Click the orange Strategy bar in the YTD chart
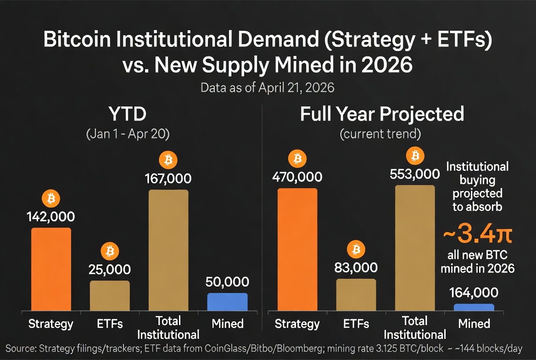(51, 269)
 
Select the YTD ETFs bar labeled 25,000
(110, 295)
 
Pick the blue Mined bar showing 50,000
(227, 302)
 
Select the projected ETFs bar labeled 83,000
(356, 294)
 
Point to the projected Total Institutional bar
(415, 248)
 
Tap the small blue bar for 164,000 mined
(474, 307)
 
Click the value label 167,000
(168, 178)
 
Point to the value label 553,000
(415, 174)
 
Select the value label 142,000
(51, 217)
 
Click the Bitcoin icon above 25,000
(110, 251)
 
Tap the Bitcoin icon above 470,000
(297, 159)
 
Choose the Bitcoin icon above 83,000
(356, 249)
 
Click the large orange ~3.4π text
(477, 235)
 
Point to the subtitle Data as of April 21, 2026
(268, 87)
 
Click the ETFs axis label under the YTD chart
(110, 324)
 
